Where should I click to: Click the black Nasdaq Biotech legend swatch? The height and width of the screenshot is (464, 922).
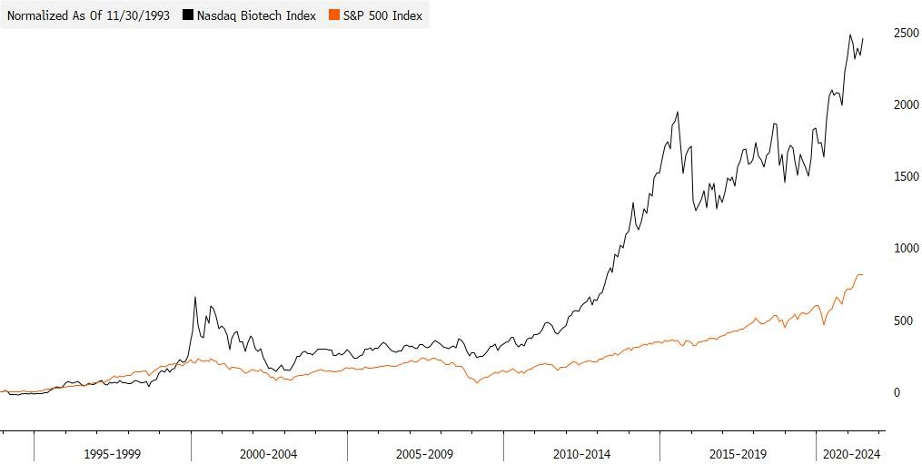[x=188, y=15]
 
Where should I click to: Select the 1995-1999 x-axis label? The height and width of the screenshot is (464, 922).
[x=113, y=453]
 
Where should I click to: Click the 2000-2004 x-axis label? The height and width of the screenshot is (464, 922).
[x=269, y=453]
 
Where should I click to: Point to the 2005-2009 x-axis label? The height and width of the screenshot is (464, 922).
[x=425, y=453]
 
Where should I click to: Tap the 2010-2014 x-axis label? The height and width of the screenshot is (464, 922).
[x=581, y=453]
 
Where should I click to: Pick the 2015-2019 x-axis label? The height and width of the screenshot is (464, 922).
[x=738, y=453]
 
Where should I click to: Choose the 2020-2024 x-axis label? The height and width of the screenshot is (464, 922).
[x=850, y=453]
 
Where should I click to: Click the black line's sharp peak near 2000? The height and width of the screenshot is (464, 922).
[x=194, y=297]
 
